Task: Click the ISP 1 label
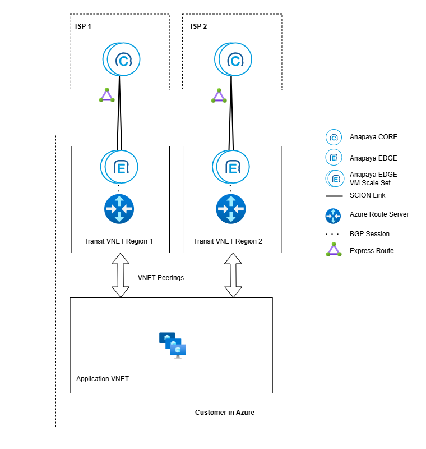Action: coord(84,26)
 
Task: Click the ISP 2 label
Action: coord(199,26)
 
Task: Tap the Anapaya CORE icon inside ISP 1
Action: coord(122,59)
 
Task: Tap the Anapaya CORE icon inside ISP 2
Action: coord(234,59)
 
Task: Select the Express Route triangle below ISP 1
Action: coord(106,95)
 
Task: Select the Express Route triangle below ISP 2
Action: coord(219,95)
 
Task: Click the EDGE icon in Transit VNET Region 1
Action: coord(119,167)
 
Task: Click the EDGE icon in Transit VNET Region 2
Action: coord(231,167)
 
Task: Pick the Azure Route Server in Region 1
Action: coord(119,209)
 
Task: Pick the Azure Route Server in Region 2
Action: coord(231,209)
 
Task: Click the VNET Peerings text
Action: coord(161,277)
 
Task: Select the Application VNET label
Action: coord(103,379)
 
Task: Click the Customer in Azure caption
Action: coord(224,413)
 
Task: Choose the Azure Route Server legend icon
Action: coord(334,214)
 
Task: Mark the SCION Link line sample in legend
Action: coord(334,195)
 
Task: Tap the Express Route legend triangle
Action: coord(334,250)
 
